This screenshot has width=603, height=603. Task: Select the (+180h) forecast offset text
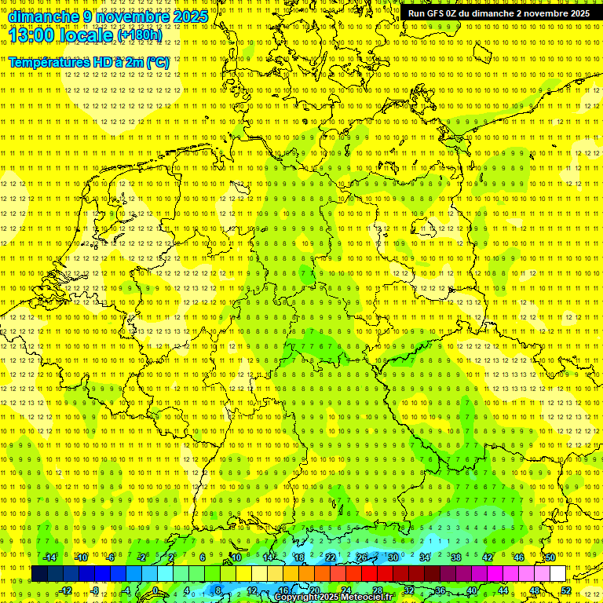pyautogui.click(x=139, y=35)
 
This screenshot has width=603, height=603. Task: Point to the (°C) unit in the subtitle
pyautogui.click(x=157, y=62)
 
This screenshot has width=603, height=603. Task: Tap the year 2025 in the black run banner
pyautogui.click(x=576, y=13)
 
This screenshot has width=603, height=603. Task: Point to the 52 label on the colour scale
pyautogui.click(x=566, y=590)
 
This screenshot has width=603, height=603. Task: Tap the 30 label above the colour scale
pyautogui.click(x=393, y=557)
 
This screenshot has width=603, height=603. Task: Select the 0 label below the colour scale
pyautogui.click(x=155, y=590)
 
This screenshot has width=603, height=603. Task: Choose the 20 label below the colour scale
pyautogui.click(x=314, y=590)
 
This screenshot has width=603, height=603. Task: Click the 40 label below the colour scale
pyautogui.click(x=471, y=590)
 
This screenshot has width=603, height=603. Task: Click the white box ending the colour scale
pyautogui.click(x=557, y=574)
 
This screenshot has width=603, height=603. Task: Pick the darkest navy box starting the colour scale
pyautogui.click(x=39, y=574)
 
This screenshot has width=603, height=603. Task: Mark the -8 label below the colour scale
pyautogui.click(x=94, y=590)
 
